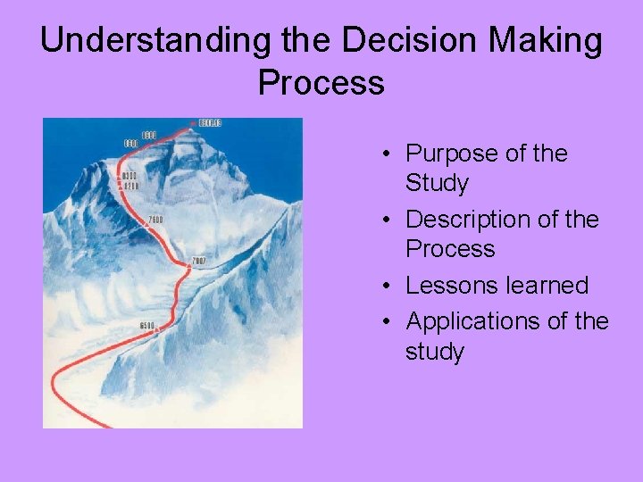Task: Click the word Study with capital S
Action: click(437, 183)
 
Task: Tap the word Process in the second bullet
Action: click(450, 248)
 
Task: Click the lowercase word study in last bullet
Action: click(435, 351)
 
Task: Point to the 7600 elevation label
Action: click(155, 220)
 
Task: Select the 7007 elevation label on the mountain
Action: click(198, 261)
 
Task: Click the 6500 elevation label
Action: click(147, 325)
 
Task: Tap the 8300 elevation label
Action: click(130, 176)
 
